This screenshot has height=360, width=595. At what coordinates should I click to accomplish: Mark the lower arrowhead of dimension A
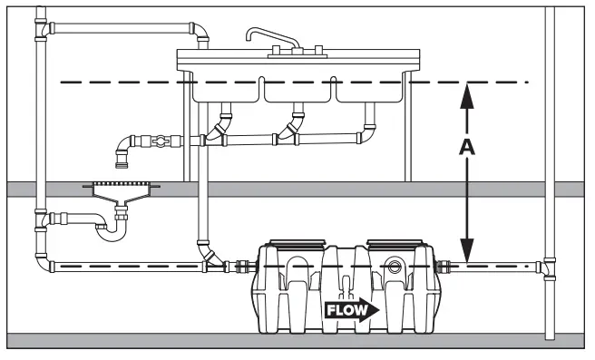pos(466,252)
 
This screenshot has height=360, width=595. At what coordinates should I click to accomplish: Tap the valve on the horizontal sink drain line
pos(160,141)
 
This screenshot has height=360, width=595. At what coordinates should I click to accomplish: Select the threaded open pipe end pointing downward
pos(121,162)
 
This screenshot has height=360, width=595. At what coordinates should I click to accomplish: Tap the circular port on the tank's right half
pos(395,268)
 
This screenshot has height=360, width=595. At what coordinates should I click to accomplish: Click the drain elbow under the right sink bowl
pos(370,132)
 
